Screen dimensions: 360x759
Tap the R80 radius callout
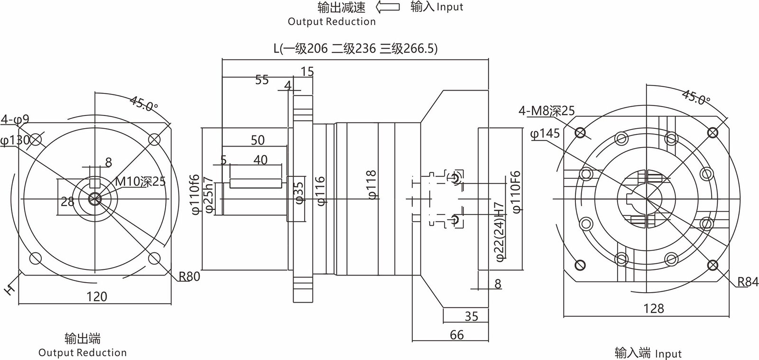click(189, 277)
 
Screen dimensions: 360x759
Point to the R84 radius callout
click(747, 283)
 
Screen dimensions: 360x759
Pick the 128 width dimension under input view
click(653, 308)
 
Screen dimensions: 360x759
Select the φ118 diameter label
click(371, 185)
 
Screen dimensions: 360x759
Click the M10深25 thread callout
click(140, 181)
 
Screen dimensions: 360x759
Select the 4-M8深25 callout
click(546, 111)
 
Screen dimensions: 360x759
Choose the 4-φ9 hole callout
click(15, 119)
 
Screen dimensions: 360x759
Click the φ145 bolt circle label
click(545, 133)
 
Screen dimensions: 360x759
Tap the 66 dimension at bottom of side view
click(456, 335)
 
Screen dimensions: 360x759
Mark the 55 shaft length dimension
click(262, 80)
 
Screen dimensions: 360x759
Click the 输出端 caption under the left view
click(83, 338)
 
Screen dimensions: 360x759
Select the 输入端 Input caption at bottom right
click(648, 353)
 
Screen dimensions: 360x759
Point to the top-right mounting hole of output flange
click(154, 139)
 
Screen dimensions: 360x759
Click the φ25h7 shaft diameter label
click(207, 194)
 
